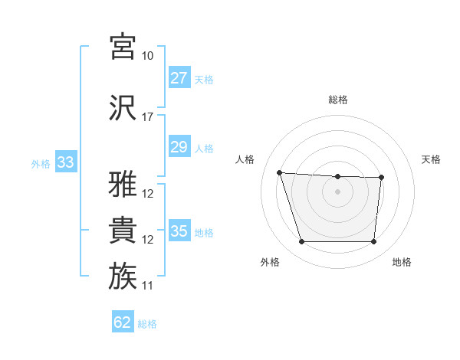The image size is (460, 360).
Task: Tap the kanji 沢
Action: pos(123,107)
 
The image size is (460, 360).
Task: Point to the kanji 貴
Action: pos(123,230)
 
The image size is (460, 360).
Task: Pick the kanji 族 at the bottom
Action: pos(123,276)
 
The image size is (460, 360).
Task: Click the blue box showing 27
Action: pos(179,78)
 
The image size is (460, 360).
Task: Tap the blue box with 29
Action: pos(179,147)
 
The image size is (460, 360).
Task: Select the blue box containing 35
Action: pos(179,231)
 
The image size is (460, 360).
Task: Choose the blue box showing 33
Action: pos(65,162)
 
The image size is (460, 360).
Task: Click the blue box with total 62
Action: pos(123,322)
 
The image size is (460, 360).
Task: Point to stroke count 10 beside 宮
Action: pos(147,56)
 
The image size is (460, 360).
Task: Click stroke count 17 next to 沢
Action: pos(147,117)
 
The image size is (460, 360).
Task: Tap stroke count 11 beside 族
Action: pos(147,286)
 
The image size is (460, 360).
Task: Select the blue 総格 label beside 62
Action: pos(147,324)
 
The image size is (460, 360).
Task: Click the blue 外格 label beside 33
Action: pos(41,163)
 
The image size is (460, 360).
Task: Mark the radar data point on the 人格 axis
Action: pos(280,172)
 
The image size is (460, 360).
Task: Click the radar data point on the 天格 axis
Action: pos(381,178)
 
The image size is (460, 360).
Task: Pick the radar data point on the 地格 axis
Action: pos(373,242)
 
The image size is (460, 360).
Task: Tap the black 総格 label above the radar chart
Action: pos(337,100)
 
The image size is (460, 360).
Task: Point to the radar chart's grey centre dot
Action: pos(337,191)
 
